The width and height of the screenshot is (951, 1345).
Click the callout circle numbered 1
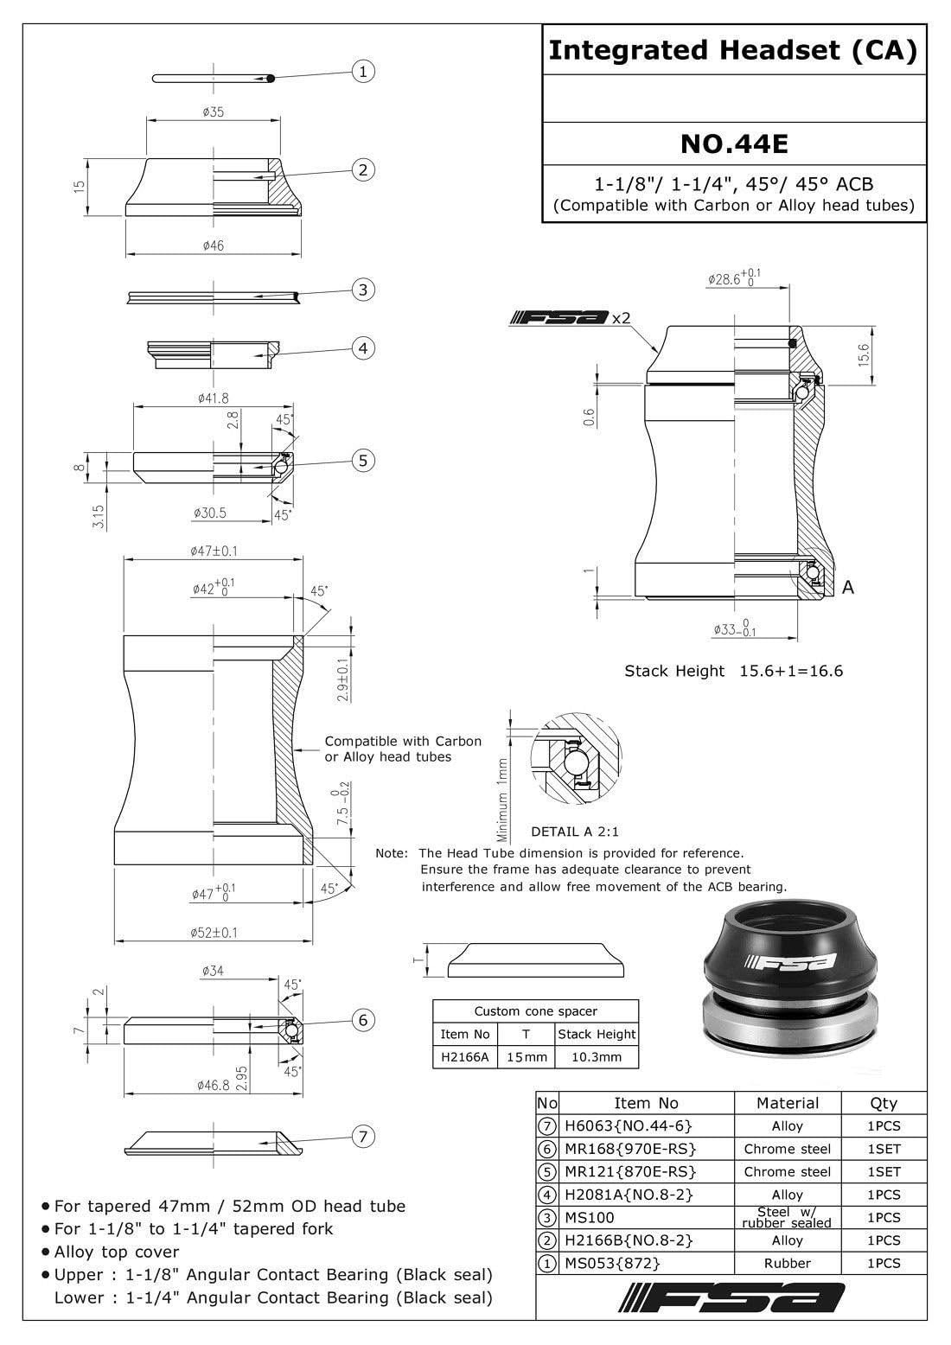coord(363,71)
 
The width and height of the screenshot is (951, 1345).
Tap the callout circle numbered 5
coord(363,460)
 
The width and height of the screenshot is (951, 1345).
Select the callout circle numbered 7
coord(363,1136)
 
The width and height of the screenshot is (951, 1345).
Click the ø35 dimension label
coord(213,112)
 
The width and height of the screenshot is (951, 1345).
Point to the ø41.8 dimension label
coord(213,398)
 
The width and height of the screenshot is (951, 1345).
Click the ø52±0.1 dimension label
coord(214,932)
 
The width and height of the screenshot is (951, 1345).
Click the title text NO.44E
coord(733,143)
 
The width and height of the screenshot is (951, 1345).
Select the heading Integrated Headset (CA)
coord(733,51)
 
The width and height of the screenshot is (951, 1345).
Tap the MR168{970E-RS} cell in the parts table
coord(629,1149)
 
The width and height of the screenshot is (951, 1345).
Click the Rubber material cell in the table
coord(787,1263)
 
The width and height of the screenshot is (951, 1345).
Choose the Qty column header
coord(884,1102)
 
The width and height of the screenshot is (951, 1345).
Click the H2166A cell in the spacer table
coord(465,1056)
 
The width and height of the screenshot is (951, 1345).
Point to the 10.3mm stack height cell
coord(597,1056)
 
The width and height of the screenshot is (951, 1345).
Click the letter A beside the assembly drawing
coord(848,587)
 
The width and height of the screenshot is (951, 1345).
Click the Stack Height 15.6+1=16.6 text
coord(733,671)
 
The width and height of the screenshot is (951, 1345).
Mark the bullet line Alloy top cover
coord(117,1252)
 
